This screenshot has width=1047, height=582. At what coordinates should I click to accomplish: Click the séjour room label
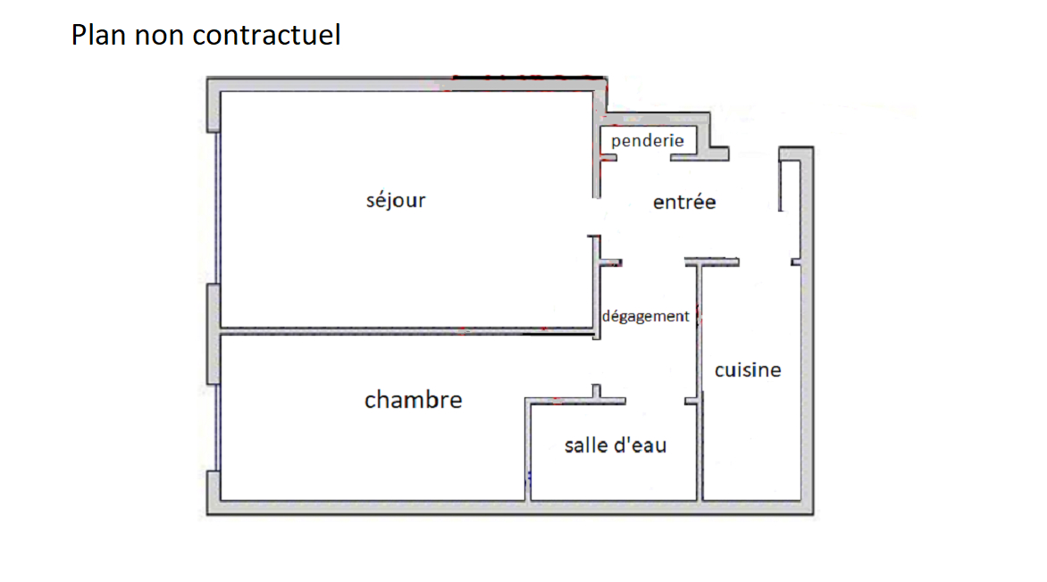tap(396, 200)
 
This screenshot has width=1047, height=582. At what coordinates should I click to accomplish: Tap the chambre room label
tap(414, 400)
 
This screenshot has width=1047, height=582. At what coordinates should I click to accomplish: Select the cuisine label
tap(748, 370)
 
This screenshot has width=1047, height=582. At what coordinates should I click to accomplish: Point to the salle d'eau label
tap(616, 445)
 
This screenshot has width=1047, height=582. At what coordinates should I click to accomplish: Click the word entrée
tap(684, 203)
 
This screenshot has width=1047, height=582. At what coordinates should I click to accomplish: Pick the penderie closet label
tap(648, 141)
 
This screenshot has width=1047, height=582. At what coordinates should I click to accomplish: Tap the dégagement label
tap(646, 316)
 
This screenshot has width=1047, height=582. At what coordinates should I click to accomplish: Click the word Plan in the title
tap(99, 36)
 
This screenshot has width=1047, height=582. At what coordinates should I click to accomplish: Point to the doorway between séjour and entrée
tap(597, 216)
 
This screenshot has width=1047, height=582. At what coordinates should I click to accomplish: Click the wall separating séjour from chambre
tap(407, 331)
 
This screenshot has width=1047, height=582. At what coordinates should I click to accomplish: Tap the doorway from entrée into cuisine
tap(766, 262)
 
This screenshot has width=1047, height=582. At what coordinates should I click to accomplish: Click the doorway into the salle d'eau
tap(655, 401)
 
